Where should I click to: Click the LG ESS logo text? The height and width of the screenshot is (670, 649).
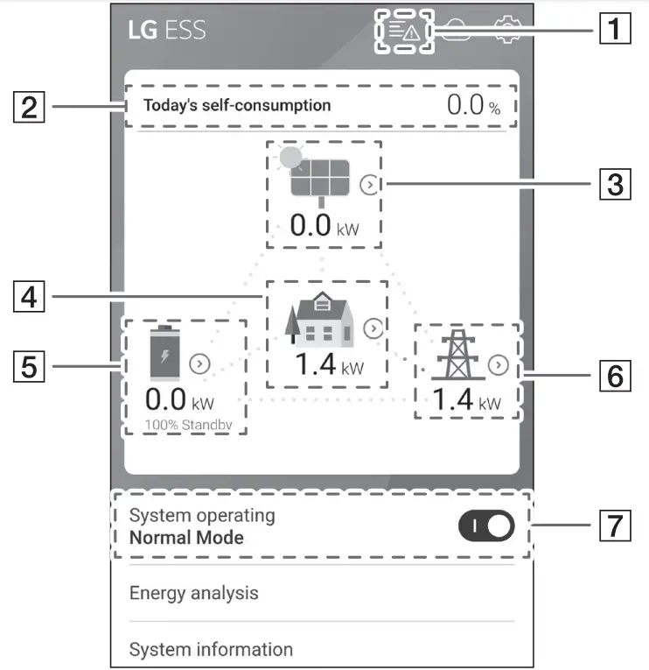coord(167,30)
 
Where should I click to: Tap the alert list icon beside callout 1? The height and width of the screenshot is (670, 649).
coord(405,32)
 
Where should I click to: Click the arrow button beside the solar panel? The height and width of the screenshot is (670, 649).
coord(371,185)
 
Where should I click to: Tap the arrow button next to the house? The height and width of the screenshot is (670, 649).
coord(373,328)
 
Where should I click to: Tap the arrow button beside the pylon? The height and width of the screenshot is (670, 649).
coord(499,365)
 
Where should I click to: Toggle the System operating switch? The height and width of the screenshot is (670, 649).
coord(485,525)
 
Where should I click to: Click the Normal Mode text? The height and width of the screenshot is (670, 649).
coord(186,537)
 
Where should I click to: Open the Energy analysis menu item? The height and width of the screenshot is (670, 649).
coord(194,593)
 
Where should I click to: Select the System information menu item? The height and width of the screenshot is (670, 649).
coord(211,650)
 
